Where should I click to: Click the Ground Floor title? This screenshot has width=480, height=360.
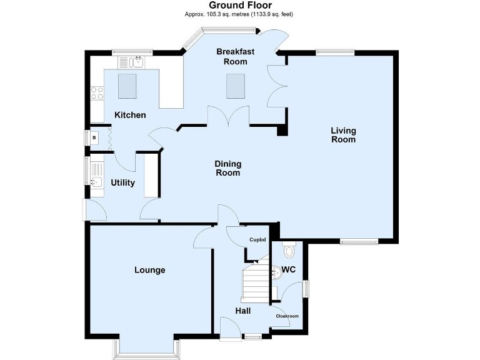240,6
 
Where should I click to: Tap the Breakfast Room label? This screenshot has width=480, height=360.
232,56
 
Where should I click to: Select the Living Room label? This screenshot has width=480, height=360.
343,135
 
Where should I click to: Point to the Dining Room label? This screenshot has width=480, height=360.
228,168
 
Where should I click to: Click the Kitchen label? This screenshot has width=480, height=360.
130,115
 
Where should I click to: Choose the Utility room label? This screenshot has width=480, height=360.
123,182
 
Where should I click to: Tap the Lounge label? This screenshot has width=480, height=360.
150,270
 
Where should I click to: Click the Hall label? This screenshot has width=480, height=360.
243,311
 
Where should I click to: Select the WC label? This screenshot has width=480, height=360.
288,270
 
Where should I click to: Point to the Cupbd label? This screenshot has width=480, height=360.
257,240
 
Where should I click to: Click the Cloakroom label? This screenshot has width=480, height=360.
287,316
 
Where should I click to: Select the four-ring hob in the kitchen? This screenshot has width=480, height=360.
97,93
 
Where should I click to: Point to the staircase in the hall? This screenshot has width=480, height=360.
254,282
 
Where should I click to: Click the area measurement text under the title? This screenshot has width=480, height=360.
240,14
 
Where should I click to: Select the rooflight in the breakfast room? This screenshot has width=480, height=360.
235,86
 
